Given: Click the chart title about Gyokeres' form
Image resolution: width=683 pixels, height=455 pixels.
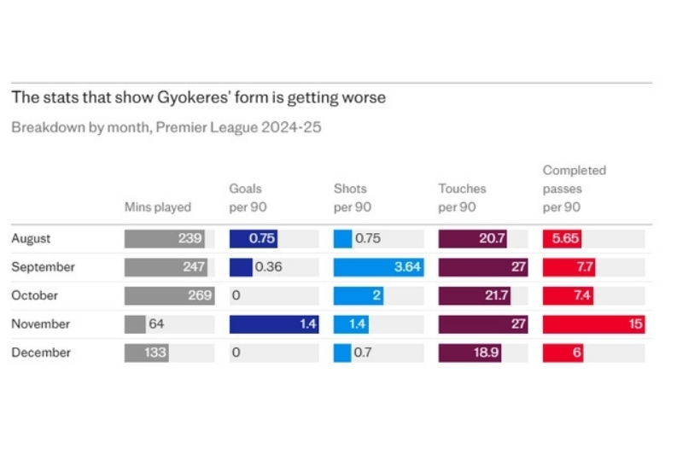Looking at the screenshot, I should click(198, 97).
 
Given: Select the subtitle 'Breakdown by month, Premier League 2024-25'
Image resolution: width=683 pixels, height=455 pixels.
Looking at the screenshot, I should click(166, 127).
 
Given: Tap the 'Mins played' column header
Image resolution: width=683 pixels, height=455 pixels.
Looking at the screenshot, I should click(158, 207).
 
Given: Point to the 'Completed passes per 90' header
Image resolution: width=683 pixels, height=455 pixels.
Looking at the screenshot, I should click(575, 189).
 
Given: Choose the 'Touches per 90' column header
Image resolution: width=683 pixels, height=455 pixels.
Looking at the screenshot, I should click(462, 197).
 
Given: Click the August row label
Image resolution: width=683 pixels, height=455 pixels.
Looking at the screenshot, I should click(31, 239).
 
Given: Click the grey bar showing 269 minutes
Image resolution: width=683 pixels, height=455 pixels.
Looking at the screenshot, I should click(166, 295).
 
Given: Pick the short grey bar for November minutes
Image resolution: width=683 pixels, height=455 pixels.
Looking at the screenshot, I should click(135, 324).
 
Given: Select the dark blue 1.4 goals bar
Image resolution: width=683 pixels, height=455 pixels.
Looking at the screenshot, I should click(273, 324).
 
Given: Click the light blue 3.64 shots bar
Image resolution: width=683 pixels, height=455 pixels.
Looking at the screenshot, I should click(377, 267).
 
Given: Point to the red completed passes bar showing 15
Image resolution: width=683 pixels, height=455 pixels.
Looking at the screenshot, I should click(593, 324).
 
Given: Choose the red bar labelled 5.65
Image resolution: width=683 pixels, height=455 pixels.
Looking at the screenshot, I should click(564, 239).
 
